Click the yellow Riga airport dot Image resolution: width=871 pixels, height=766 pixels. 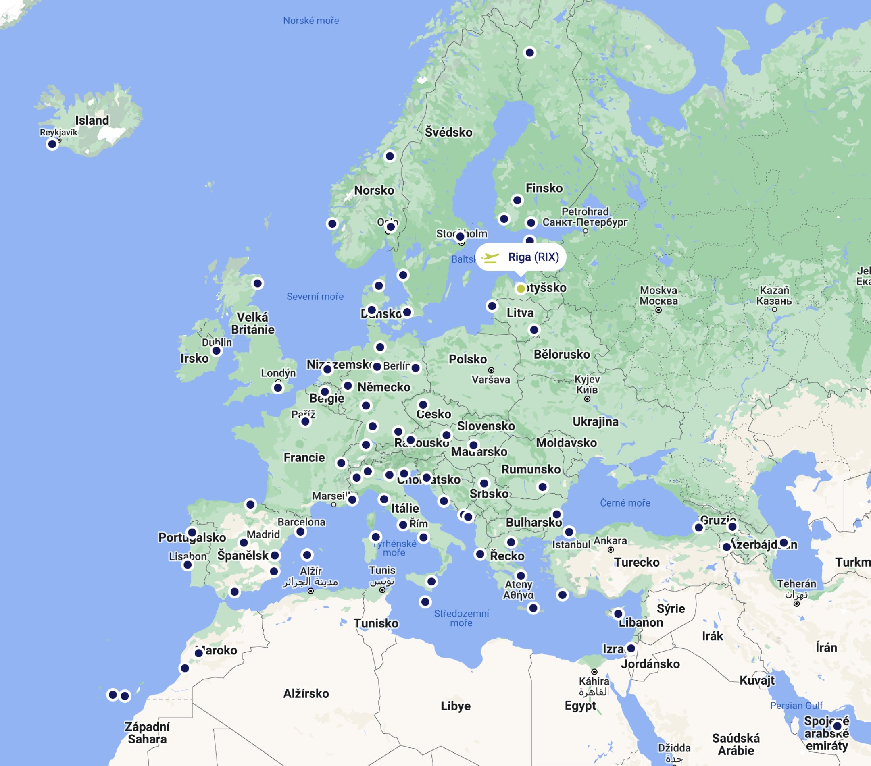coord(520,289)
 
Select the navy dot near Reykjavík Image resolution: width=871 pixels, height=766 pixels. coord(52,144)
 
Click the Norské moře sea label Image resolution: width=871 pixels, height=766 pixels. coord(311,21)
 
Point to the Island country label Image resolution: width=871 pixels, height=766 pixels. coord(92,120)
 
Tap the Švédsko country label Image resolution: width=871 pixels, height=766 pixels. coord(448,133)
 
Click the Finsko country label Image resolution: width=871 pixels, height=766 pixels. coord(544,188)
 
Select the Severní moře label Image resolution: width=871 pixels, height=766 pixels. coord(315,296)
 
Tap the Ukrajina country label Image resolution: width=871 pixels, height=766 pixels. coord(595,421)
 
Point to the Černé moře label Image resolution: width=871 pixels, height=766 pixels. coord(625,503)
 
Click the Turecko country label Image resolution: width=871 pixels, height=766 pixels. coord(637,562)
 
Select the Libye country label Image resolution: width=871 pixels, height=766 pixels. coord(456,706)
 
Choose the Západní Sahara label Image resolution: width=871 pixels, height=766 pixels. coord(147,733)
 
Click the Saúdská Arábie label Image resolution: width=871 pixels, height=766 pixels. coord(736,744)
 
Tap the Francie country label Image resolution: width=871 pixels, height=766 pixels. coord(304,457)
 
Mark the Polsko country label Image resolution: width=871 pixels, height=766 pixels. coord(467,359)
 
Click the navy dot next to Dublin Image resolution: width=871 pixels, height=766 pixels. coord(217,351)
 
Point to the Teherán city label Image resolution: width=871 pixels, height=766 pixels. coord(796,584)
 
